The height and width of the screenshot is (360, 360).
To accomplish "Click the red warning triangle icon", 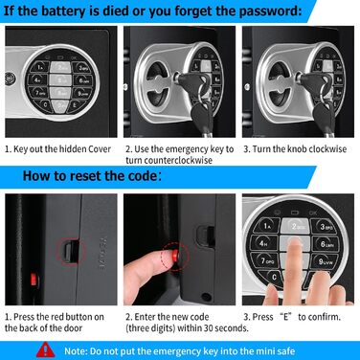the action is pyautogui.click(x=45, y=350).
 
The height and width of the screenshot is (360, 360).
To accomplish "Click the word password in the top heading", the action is pyautogui.click(x=270, y=11).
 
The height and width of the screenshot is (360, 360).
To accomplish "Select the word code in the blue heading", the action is pyautogui.click(x=141, y=176).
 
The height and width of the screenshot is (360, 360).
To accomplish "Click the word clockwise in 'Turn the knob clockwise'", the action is pyautogui.click(x=327, y=149).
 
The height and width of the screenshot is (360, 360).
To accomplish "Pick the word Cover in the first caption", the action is pyautogui.click(x=100, y=149).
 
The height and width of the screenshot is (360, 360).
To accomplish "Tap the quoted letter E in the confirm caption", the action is pyautogui.click(x=285, y=317).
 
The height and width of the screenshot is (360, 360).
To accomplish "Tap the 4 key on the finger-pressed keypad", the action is pyautogui.click(x=263, y=244).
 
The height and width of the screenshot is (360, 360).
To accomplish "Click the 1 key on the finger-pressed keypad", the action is pyautogui.click(x=267, y=226).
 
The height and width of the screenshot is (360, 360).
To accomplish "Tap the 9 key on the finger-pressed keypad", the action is pyautogui.click(x=325, y=261).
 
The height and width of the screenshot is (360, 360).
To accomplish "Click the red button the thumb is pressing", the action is pyautogui.click(x=176, y=256).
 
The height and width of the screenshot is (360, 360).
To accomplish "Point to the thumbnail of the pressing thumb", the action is pyautogui.click(x=167, y=257).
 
